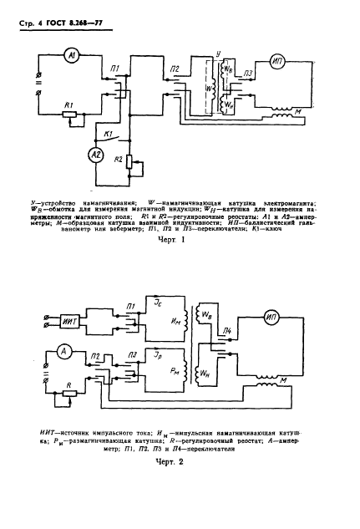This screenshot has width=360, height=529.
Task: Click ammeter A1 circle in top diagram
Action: coord(73,54)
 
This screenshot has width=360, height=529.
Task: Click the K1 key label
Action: coord(107,133)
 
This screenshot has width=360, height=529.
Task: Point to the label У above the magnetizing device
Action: coord(219,52)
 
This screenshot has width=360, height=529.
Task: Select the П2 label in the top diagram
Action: coord(175,69)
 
